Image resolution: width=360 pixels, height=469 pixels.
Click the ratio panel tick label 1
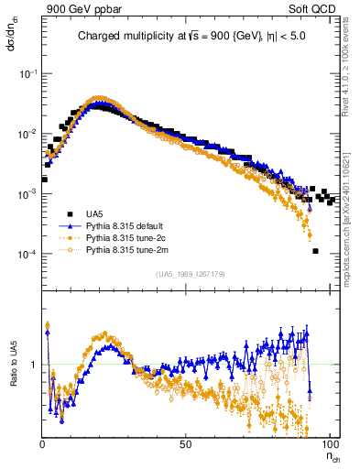coord(33,365)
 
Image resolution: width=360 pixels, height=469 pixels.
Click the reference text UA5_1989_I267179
coord(191,273)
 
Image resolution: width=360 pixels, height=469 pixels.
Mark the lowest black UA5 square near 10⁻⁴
coord(315,251)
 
